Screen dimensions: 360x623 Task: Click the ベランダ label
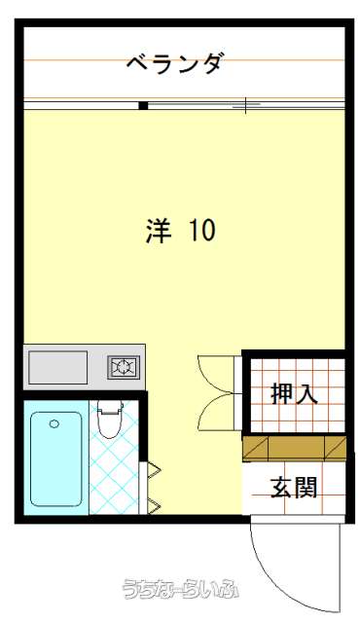(173, 63)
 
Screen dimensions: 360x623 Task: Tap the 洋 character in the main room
(159, 230)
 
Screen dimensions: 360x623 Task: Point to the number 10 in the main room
(202, 230)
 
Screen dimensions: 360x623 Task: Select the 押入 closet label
(294, 393)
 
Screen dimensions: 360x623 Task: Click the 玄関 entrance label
(294, 488)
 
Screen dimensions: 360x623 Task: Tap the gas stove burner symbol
(124, 367)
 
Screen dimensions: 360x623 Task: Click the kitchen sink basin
(58, 367)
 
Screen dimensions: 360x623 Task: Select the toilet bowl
(110, 424)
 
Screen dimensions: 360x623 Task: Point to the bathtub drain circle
(54, 424)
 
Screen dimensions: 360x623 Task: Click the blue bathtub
(56, 458)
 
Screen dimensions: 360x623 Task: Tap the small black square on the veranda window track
(143, 106)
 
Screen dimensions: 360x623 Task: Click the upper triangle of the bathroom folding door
(154, 471)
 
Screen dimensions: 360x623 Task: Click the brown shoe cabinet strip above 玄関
(294, 448)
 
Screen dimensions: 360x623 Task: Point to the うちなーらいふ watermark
(181, 588)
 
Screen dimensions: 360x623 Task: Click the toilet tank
(110, 406)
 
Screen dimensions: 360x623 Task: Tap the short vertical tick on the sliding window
(246, 105)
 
